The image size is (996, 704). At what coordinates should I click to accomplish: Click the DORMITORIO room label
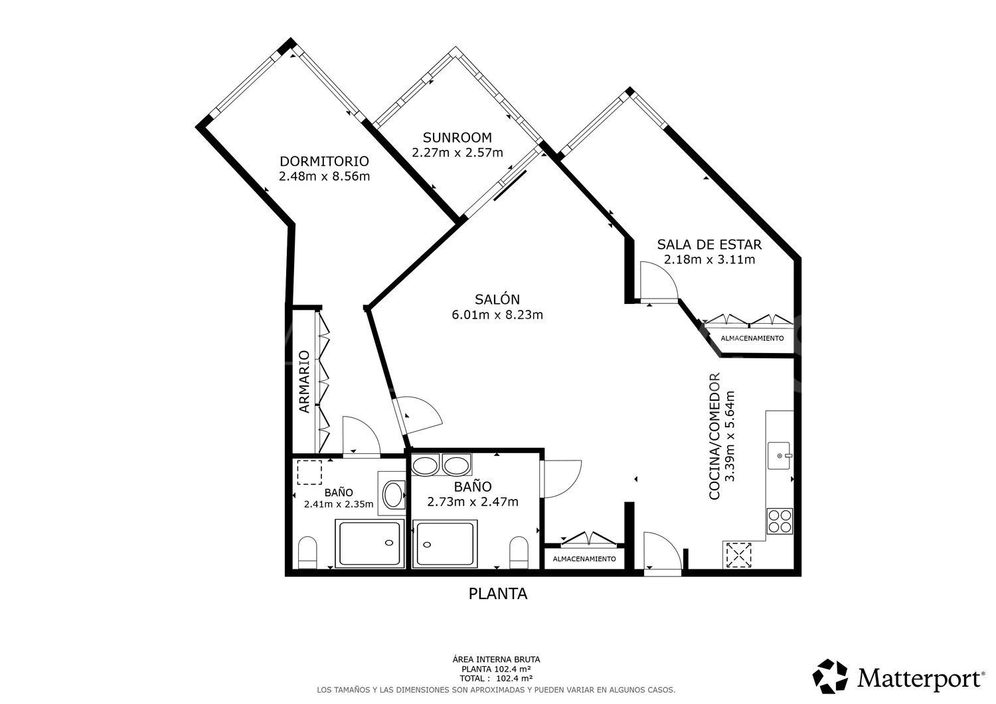pos(324,161)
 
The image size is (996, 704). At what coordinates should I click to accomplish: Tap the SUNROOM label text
pos(457,138)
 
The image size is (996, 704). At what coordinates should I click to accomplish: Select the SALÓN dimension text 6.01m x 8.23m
pos(497,315)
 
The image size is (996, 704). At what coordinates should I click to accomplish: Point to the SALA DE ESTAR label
pos(709,244)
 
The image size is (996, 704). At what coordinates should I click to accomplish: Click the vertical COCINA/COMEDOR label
pos(715,437)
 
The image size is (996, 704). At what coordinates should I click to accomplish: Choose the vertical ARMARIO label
pos(304,382)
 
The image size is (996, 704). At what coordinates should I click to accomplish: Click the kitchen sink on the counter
pos(780,455)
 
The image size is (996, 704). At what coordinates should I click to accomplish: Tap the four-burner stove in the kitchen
pos(780,520)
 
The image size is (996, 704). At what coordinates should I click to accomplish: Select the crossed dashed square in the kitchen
pos(738,555)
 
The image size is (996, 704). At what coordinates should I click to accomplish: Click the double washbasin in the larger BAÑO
pos(441,466)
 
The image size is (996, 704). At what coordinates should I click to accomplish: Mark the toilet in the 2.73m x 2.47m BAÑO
pos(519,552)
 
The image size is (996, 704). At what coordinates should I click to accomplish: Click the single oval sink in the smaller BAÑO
pos(393,494)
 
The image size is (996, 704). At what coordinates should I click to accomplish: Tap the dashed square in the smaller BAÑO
pos(309,472)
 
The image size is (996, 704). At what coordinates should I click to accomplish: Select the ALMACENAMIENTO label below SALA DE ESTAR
pos(752,338)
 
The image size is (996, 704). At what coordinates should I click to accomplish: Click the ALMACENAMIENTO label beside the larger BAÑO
pos(584,559)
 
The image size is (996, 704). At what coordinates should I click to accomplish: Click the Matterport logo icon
pos(831,677)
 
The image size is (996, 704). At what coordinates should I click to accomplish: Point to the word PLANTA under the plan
pos(498,594)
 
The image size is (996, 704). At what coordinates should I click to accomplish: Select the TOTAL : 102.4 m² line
pos(496,679)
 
